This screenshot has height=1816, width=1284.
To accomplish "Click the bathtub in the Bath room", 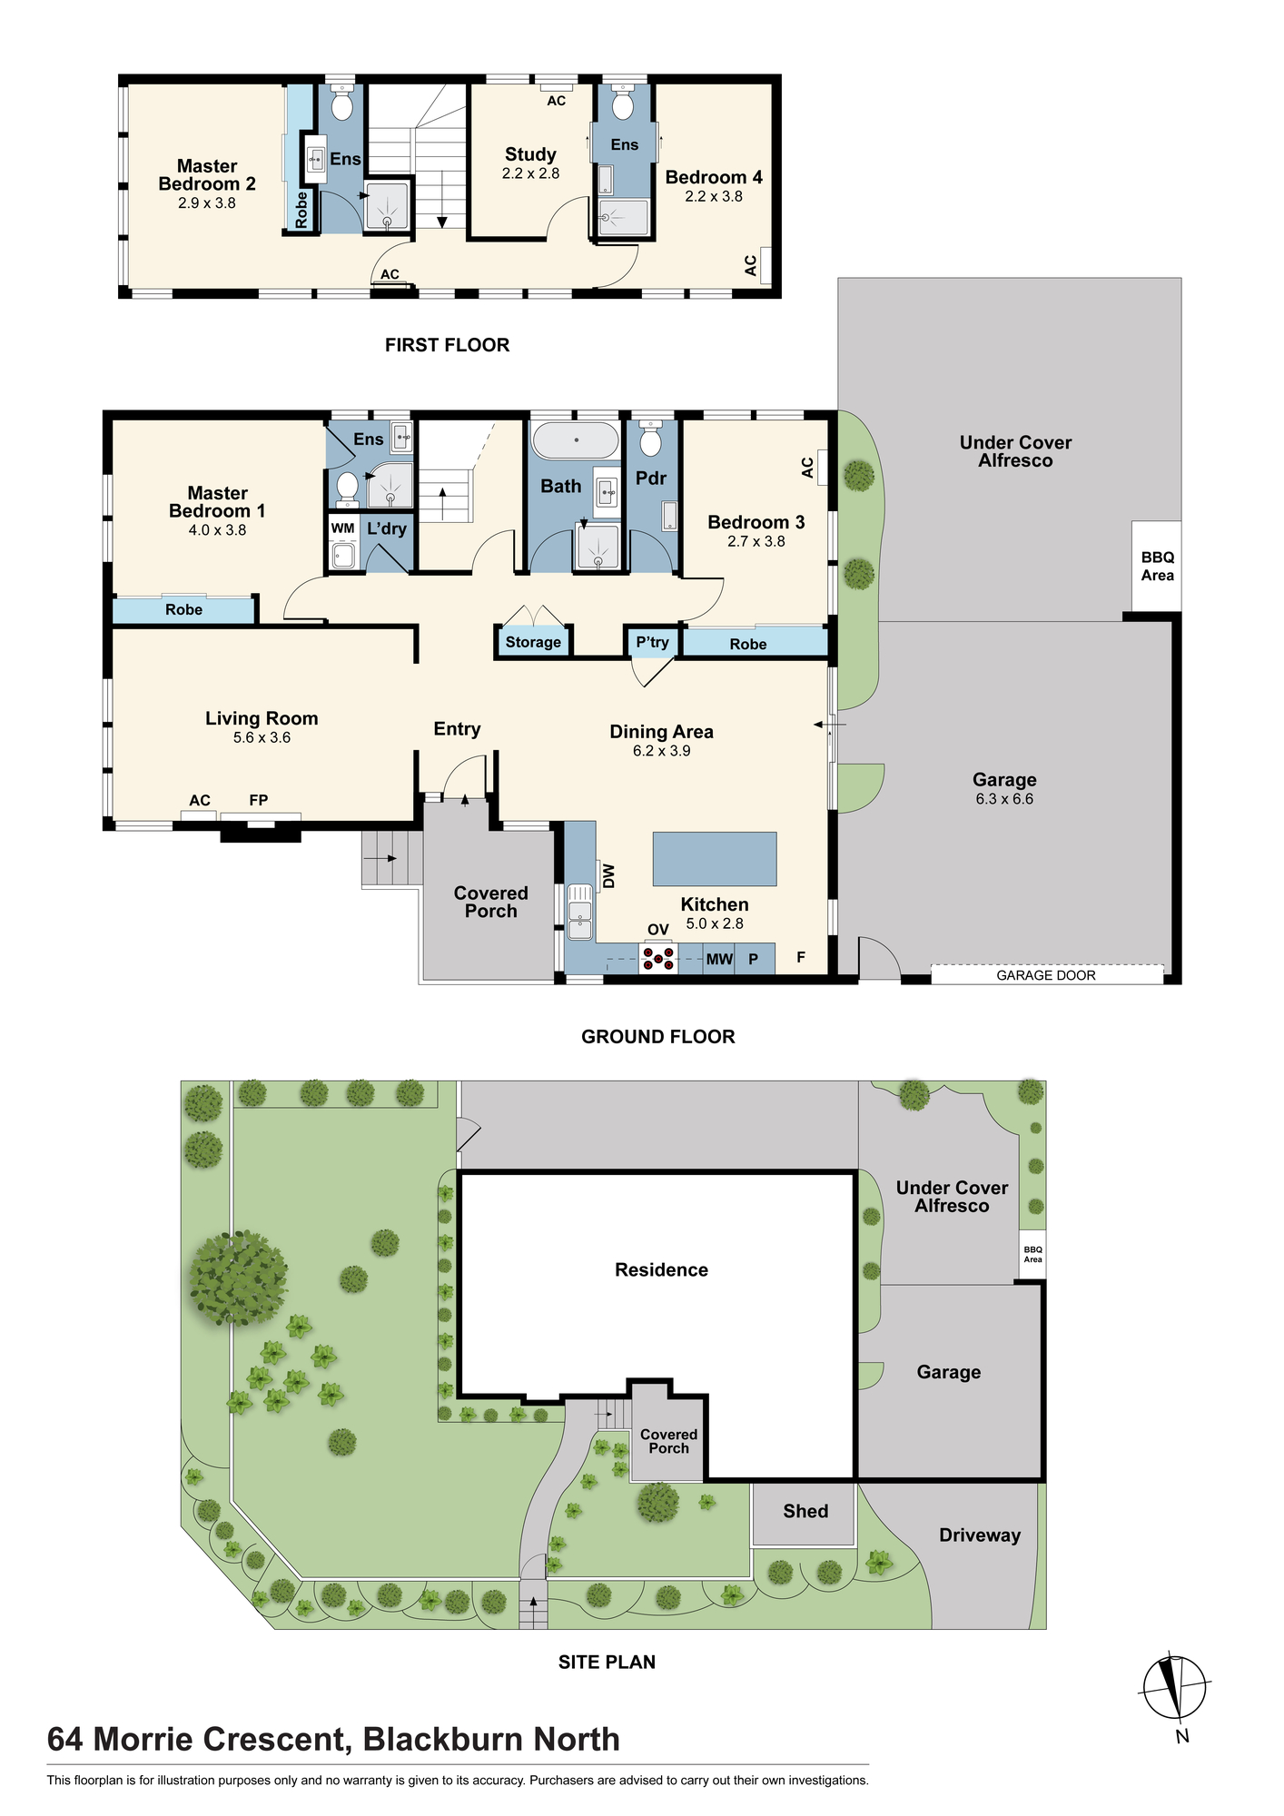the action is coord(575,440).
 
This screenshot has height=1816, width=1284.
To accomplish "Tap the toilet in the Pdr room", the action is coord(650,439).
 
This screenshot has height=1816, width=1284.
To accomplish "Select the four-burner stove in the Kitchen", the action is coord(658,958).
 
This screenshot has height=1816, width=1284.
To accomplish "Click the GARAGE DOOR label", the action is coord(1046,975).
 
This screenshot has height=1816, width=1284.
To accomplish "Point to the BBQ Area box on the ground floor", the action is coord(1157,567).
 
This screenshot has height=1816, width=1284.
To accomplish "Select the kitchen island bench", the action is coord(715,859).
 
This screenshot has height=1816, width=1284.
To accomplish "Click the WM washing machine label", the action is coord(342,528).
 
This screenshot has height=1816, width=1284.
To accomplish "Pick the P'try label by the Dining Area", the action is coord(652,642).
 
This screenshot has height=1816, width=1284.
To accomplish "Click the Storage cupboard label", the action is coord(533,642).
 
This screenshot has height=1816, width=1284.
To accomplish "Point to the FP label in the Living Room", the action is coord(259,800).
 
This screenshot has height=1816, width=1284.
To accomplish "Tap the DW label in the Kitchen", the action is coord(609,875).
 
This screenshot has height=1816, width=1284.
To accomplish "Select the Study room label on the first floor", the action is coord(530,154).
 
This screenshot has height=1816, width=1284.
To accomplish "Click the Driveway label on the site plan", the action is coord(980,1535).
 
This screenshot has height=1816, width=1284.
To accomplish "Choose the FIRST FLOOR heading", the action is coord(447,345).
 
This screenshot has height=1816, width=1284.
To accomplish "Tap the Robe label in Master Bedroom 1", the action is coord(183,610).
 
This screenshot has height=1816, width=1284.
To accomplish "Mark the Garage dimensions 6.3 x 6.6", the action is coord(1004,799).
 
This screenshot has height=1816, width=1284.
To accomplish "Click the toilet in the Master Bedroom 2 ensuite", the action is coord(341,104).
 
